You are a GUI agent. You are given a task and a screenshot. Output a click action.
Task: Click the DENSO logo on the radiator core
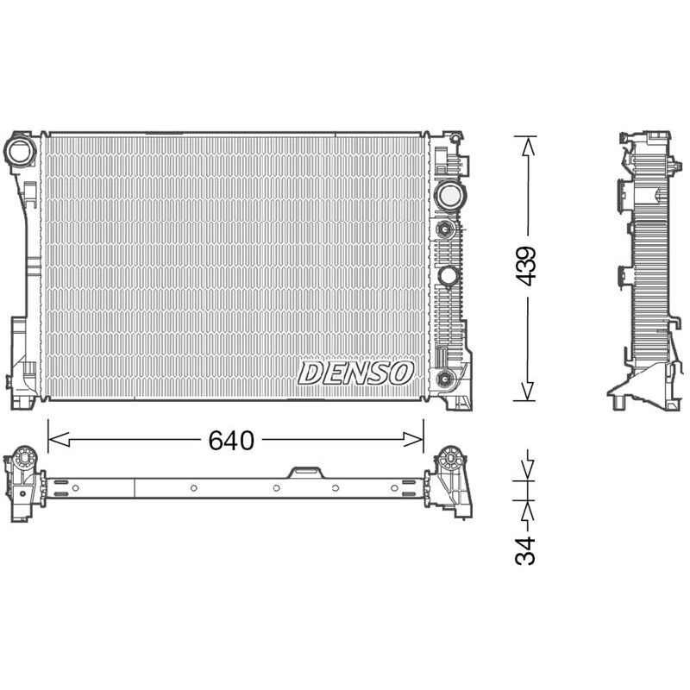coord(356,373)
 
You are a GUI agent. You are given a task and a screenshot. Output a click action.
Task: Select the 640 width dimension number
coord(231,441)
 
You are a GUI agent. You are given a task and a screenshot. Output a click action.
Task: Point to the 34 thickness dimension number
coord(526,549)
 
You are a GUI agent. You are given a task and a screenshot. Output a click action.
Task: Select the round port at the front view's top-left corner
coord(20,152)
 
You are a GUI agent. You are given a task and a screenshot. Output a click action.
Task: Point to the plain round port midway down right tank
coord(448,276)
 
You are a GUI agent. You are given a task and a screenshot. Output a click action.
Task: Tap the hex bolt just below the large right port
coord(445,229)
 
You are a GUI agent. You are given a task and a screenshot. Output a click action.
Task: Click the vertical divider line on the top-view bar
coord(135,487)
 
